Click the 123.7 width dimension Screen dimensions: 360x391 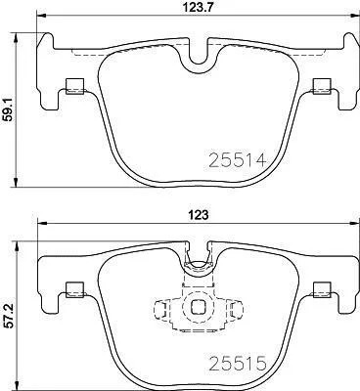[x=198, y=7]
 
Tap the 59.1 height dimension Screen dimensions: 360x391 [x=8, y=110]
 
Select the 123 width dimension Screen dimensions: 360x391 [x=198, y=215]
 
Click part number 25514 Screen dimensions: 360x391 [x=238, y=160]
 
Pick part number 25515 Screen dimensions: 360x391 [x=238, y=364]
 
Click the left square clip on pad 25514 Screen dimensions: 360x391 [x=75, y=86]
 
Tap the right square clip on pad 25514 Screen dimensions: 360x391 [x=322, y=86]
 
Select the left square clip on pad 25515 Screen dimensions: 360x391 [x=75, y=290]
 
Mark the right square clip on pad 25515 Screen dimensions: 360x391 [x=322, y=290]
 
